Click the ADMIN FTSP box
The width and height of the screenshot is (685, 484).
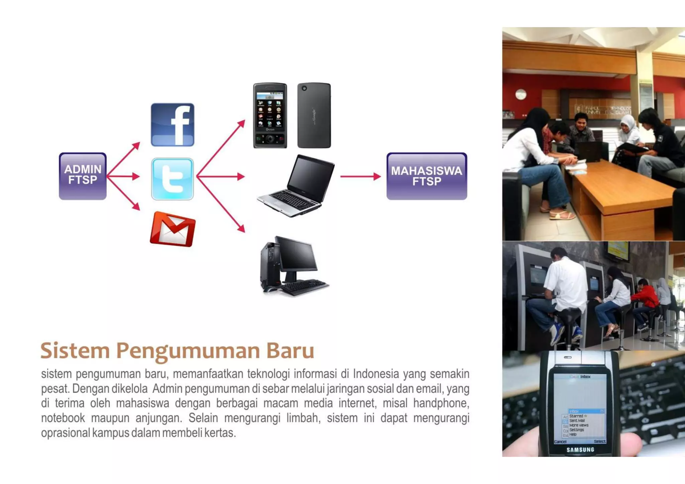(83, 176)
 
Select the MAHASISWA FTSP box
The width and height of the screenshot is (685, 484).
(426, 176)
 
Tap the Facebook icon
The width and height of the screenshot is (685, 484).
(172, 124)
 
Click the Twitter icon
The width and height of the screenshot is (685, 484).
(172, 179)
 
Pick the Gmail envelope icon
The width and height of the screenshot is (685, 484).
(173, 229)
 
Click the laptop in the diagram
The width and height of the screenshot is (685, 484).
(296, 186)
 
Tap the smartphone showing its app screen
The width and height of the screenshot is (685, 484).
(270, 115)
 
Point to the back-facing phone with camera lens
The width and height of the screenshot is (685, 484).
(314, 115)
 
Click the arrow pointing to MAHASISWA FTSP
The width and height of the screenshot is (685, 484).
(360, 176)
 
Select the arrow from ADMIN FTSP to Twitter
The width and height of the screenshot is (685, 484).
(123, 176)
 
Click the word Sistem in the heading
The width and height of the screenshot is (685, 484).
(75, 351)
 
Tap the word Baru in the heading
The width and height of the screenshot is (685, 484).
(290, 351)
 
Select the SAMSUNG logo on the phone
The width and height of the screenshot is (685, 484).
(580, 450)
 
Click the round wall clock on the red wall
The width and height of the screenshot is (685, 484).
(521, 95)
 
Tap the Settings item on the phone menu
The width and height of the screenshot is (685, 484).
(577, 430)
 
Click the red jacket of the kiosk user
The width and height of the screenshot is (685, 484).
(645, 296)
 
